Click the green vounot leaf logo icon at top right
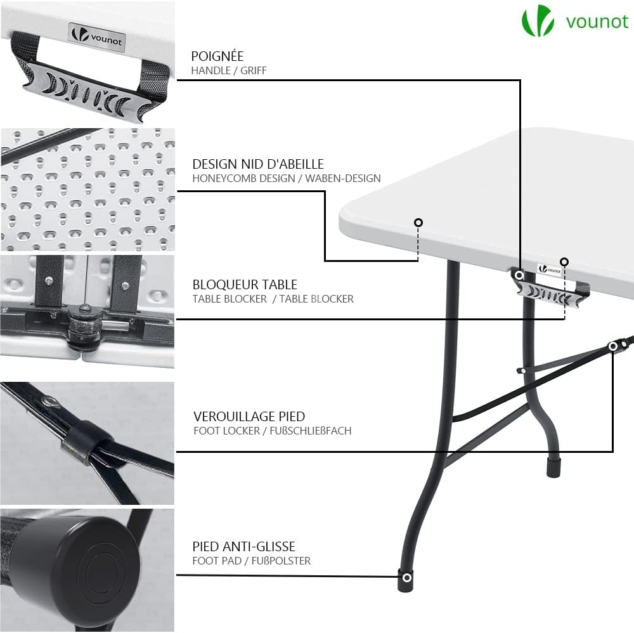tap(537, 21)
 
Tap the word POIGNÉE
tap(217, 56)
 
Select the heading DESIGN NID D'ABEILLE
tap(258, 164)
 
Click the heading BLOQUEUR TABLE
tap(245, 284)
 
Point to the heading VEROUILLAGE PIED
tap(249, 417)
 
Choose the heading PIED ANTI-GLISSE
tap(244, 547)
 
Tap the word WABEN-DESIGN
tap(343, 178)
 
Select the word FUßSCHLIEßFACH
tap(311, 431)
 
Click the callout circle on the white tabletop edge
tap(418, 223)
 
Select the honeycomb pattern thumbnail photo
tap(87, 190)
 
